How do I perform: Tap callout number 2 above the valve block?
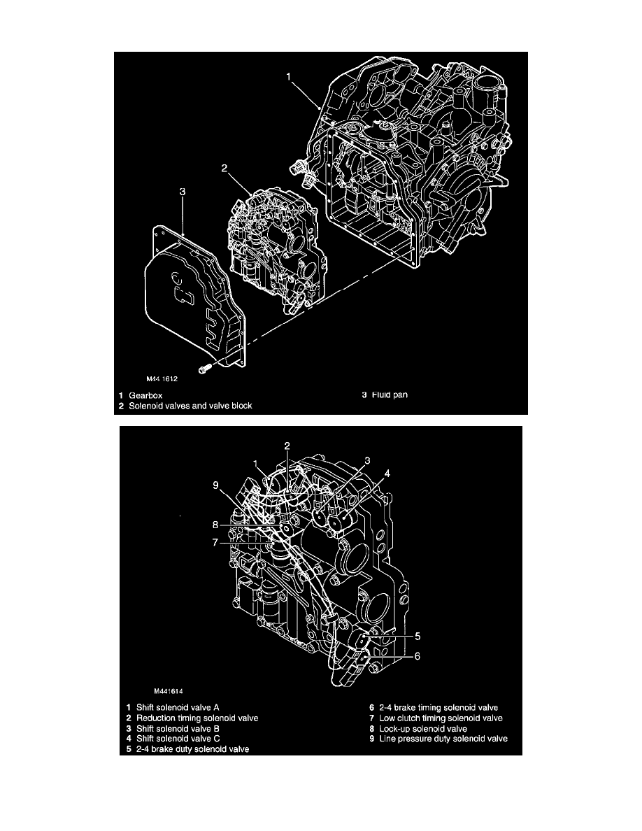tap(224, 168)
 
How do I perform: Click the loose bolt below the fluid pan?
tap(204, 367)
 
